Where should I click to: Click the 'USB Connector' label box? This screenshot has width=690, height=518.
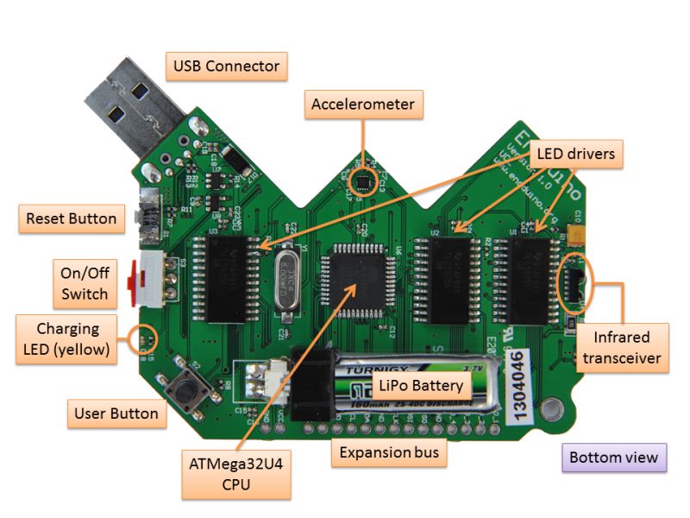point(226,66)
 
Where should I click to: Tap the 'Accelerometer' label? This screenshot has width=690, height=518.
point(363,104)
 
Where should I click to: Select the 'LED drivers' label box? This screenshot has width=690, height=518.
point(575,155)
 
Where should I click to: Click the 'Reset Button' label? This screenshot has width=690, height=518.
point(71,218)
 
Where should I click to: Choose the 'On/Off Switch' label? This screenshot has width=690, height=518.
point(85,282)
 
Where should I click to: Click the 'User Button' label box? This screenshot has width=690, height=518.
point(116,414)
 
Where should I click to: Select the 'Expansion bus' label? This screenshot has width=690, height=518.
point(388,452)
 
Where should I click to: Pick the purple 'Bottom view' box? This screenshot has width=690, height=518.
point(613,458)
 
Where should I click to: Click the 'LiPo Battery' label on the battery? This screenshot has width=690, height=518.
point(418,385)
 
